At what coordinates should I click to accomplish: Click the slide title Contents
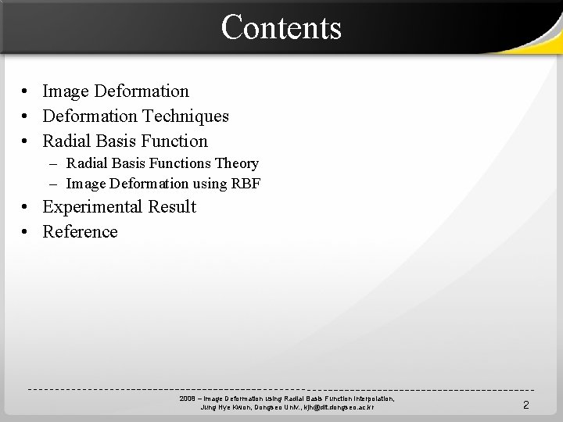coord(281,27)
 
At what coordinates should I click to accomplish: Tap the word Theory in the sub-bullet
coord(238,163)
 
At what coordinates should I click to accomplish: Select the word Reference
coord(80,232)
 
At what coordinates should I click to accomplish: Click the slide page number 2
coord(525,405)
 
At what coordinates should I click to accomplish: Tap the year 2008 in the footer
coord(187,399)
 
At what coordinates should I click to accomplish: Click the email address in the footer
coord(332,407)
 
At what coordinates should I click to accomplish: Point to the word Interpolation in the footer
coord(371,399)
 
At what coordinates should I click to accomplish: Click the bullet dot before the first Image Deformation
coord(26,92)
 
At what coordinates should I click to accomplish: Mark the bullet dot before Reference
coord(26,233)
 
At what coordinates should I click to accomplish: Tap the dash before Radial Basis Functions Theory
coord(52,163)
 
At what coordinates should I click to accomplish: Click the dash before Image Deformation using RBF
coord(52,184)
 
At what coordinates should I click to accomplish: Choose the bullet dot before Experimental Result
coord(26,208)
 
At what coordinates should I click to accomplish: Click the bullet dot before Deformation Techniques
coord(26,117)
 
